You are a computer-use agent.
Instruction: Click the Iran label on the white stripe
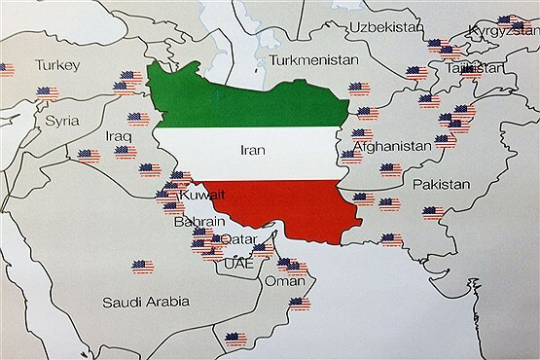[x=251, y=150]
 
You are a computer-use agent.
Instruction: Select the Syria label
[x=63, y=122]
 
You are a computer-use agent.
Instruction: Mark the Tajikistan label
[x=480, y=69]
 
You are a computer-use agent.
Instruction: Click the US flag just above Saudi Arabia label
[x=143, y=265]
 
